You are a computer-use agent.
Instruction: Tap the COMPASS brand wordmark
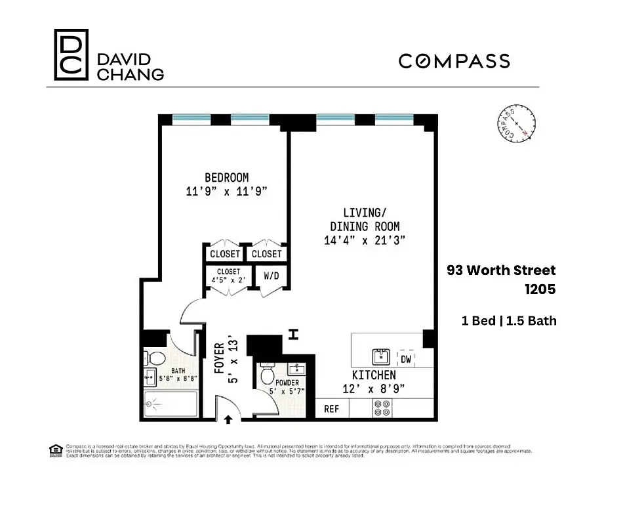[x=454, y=61]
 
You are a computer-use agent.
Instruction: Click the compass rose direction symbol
[x=515, y=123]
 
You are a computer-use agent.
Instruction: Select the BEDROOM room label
[x=226, y=177]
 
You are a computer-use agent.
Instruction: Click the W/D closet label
[x=272, y=276]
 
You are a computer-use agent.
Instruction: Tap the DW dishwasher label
[x=406, y=359]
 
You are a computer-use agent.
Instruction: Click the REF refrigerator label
[x=332, y=409]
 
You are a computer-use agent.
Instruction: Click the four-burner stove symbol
[x=382, y=409]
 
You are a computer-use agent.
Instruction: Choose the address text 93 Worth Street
[x=501, y=270]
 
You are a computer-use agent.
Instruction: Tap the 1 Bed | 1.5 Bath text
[x=509, y=321]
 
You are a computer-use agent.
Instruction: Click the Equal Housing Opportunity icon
[x=55, y=450]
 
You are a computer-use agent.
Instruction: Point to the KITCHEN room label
[x=374, y=375]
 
